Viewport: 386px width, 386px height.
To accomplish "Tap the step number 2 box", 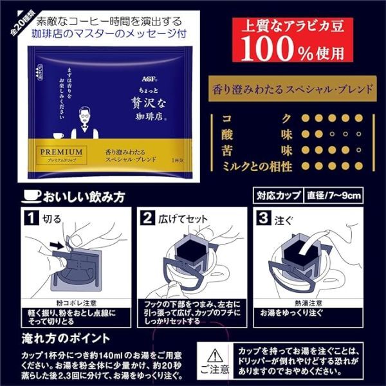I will coord(147,218).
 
